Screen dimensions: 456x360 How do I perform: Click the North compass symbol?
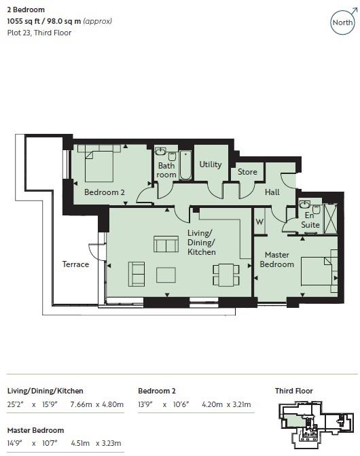[x=342, y=22]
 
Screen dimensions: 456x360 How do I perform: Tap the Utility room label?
[x=211, y=164]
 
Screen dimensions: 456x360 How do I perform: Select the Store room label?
[x=247, y=172]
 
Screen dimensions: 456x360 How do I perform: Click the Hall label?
[x=272, y=192]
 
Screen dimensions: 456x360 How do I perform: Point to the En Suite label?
[x=310, y=220]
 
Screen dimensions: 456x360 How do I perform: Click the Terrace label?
[x=75, y=264]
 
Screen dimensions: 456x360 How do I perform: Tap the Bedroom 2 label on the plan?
[x=104, y=192]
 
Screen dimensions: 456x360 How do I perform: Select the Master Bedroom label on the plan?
[x=277, y=259]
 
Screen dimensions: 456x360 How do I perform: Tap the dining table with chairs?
[x=224, y=275]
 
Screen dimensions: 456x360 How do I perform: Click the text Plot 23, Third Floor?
[x=39, y=33]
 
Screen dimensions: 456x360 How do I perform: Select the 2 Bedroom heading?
[x=26, y=10]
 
